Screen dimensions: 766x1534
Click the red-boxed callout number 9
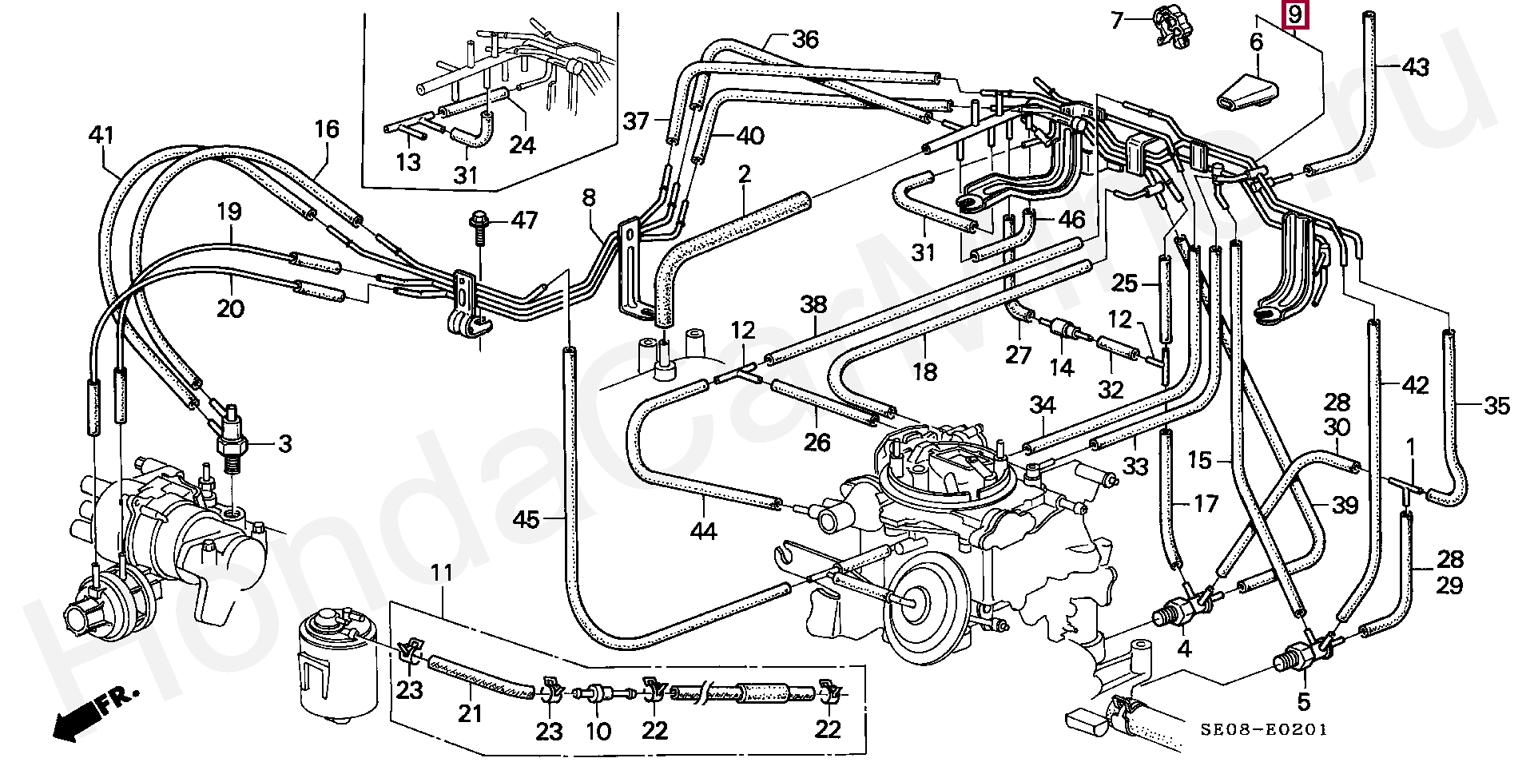point(1294,14)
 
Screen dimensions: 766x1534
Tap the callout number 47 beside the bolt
point(524,220)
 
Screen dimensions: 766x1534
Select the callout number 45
point(527,520)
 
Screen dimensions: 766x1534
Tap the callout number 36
point(805,39)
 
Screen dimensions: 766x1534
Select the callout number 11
point(442,573)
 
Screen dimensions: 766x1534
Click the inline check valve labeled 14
point(1060,330)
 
